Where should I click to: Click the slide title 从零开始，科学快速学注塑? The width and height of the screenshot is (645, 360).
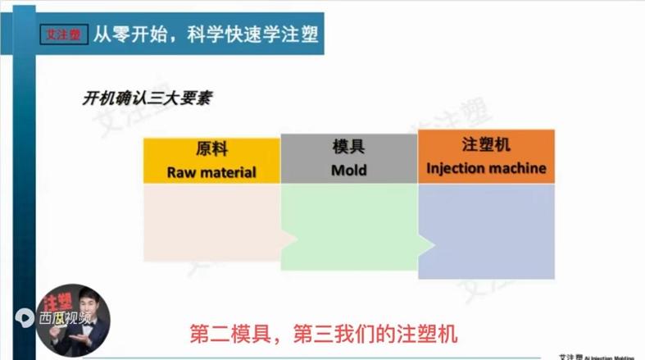[205, 35]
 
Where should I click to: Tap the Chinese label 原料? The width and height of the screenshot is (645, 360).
[211, 150]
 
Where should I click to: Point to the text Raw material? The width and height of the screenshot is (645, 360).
[211, 172]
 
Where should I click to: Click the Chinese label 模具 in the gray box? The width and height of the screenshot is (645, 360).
[348, 148]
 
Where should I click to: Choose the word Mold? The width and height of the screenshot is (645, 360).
[348, 171]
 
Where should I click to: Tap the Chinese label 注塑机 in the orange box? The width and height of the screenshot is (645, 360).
[486, 145]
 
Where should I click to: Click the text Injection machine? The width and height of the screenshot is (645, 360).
[486, 170]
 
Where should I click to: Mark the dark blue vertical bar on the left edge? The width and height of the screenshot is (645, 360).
[7, 180]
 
